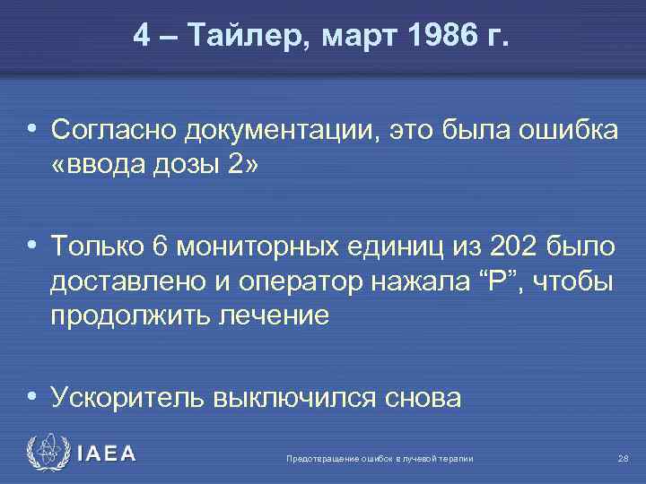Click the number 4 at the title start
point(142,37)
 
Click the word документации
point(283,132)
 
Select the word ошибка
point(567,132)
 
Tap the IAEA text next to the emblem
point(107,454)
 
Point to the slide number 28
point(624,459)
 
